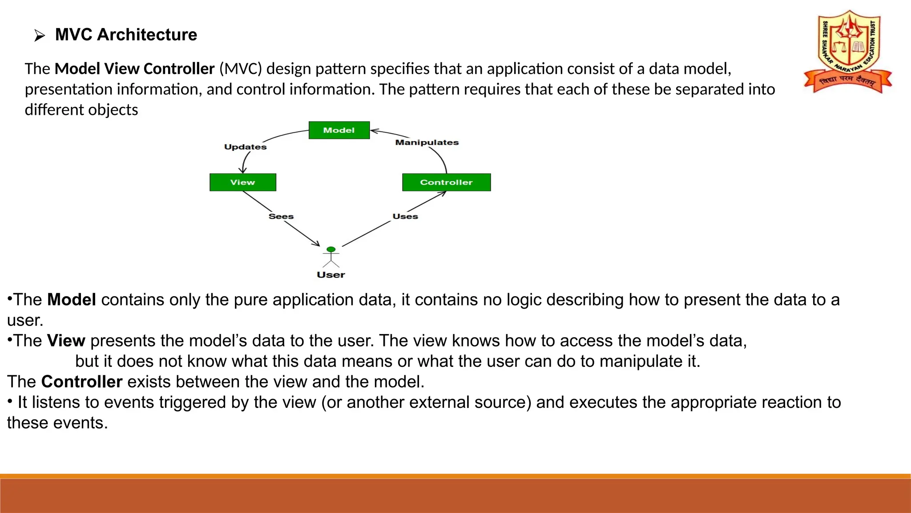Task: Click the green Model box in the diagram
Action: pyautogui.click(x=339, y=130)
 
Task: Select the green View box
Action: pyautogui.click(x=243, y=182)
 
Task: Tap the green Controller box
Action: pyautogui.click(x=446, y=182)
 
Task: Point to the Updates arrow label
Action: pyautogui.click(x=245, y=147)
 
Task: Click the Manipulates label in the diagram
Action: pyautogui.click(x=427, y=142)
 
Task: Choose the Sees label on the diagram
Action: pyautogui.click(x=281, y=216)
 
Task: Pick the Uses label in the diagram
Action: pyautogui.click(x=405, y=216)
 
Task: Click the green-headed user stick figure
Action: pyautogui.click(x=331, y=257)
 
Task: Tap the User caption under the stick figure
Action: pyautogui.click(x=331, y=275)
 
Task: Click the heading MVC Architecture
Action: pyautogui.click(x=126, y=35)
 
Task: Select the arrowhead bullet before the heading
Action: pyautogui.click(x=40, y=36)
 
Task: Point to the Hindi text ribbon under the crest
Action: pyautogui.click(x=847, y=81)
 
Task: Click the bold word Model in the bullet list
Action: pyautogui.click(x=72, y=300)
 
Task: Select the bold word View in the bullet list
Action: pyautogui.click(x=66, y=341)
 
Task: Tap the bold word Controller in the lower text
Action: pyautogui.click(x=81, y=382)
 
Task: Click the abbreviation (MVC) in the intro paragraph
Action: pyautogui.click(x=240, y=69)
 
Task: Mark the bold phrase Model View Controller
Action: pyautogui.click(x=134, y=69)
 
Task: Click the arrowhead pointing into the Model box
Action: pyautogui.click(x=374, y=131)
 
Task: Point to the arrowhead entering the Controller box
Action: pyautogui.click(x=443, y=193)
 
